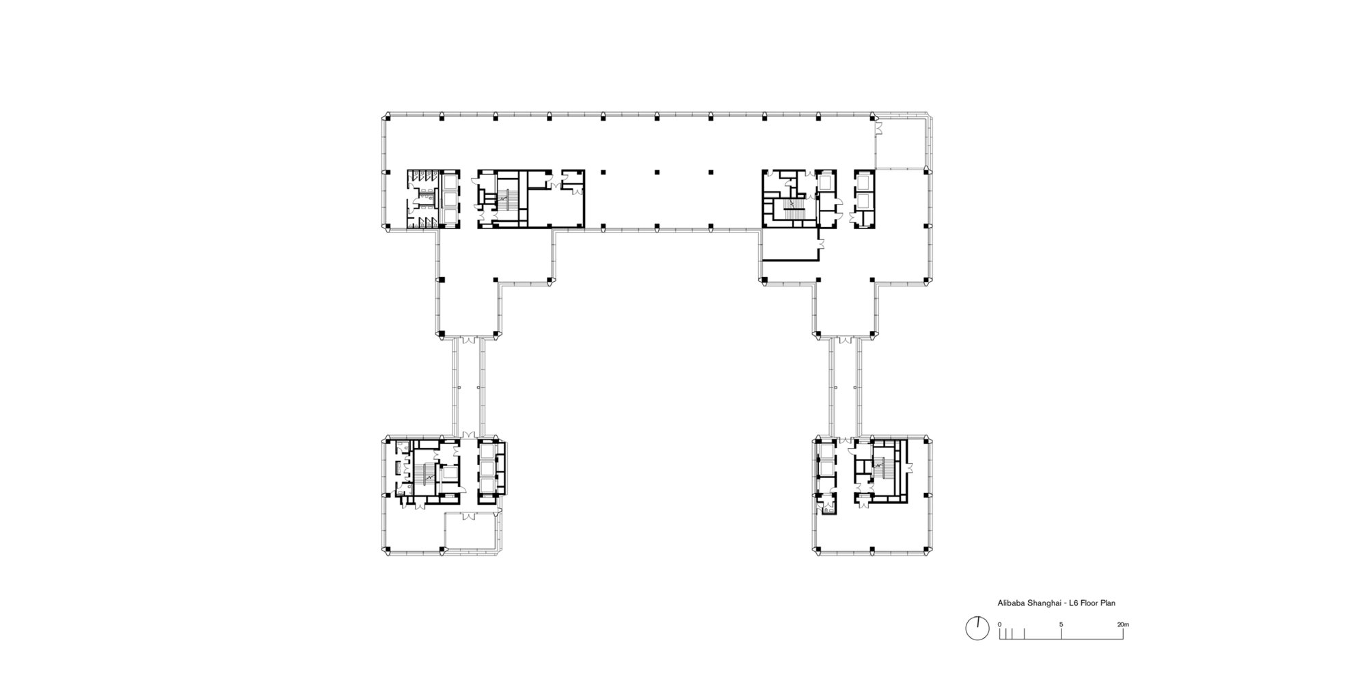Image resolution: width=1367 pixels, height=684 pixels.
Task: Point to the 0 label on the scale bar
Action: click(999, 624)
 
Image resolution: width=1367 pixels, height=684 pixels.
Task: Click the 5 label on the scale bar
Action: click(1061, 624)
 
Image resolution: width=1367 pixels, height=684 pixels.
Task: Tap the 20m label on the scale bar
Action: click(1123, 624)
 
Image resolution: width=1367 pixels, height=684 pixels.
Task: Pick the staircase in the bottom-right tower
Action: click(880, 469)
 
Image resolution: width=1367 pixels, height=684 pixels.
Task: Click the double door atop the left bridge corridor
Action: click(468, 340)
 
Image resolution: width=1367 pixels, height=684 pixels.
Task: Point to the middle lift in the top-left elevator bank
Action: click(449, 200)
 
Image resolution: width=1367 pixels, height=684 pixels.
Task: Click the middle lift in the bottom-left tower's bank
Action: click(487, 469)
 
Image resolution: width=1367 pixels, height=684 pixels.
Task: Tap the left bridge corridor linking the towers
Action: click(468, 386)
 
